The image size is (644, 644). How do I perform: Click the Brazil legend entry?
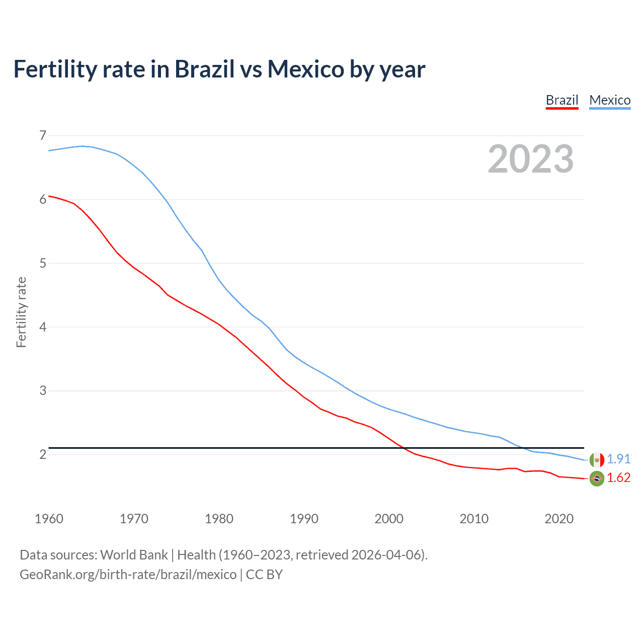tap(562, 100)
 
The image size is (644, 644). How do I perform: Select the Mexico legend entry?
tap(610, 100)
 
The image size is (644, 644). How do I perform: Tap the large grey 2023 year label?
tap(530, 159)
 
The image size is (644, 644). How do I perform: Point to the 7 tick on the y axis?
tap(43, 135)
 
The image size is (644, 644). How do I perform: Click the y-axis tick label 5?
tap(43, 263)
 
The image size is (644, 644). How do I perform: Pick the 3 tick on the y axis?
tap(43, 390)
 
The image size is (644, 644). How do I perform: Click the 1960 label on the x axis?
tap(49, 519)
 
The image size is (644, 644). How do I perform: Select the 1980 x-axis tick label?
tap(219, 519)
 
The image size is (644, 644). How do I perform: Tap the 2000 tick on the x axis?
tap(389, 519)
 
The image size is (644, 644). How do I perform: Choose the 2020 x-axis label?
tap(559, 519)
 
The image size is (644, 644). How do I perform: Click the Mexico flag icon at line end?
tap(597, 459)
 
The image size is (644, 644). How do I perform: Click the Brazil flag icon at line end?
tap(597, 478)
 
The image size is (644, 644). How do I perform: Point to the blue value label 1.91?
tap(618, 459)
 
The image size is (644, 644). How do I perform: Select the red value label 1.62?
tap(618, 477)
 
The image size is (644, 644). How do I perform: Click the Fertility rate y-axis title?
tap(21, 312)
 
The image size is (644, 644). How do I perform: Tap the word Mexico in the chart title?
tap(305, 69)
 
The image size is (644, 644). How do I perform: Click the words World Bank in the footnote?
tap(134, 555)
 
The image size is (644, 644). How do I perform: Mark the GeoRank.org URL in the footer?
tap(128, 575)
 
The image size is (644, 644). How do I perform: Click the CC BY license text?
tap(264, 575)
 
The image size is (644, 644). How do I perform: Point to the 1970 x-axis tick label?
tap(134, 519)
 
